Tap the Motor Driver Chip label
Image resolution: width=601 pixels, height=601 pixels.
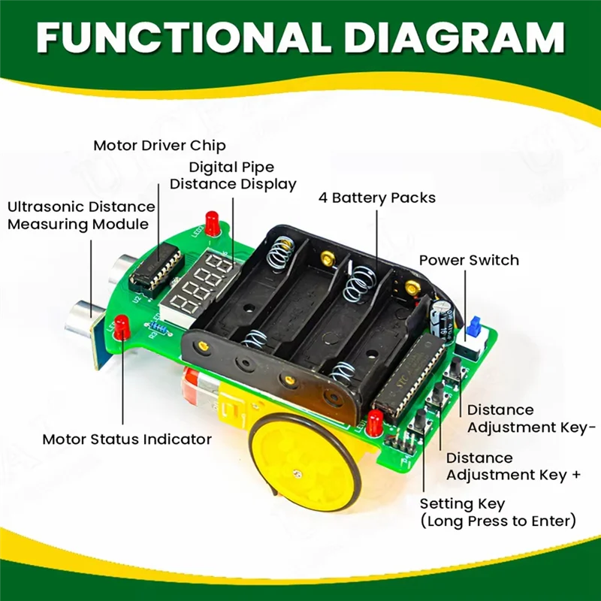click(159, 145)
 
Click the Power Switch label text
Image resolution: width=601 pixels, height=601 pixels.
click(469, 260)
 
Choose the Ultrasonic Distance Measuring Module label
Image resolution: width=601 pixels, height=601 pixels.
click(81, 215)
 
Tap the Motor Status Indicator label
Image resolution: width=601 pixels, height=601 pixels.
click(127, 439)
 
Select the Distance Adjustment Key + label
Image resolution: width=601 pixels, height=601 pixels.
click(511, 467)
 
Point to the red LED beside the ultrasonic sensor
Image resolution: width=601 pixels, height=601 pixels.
click(122, 326)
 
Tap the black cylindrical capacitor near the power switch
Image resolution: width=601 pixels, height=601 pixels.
click(441, 315)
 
